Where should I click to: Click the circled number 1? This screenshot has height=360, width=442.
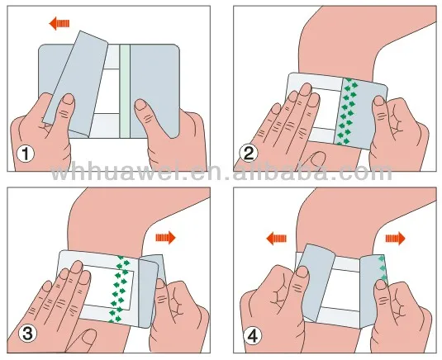(26, 154)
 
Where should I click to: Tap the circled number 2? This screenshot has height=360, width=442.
(249, 154)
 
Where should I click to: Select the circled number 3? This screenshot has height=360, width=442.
(27, 334)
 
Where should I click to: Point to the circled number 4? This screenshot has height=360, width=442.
(252, 336)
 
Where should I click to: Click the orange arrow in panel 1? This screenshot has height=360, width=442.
(59, 23)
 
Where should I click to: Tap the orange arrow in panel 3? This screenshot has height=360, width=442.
(165, 238)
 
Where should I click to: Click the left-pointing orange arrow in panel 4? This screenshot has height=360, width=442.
(276, 239)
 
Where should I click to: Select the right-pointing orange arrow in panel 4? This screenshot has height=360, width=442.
(395, 239)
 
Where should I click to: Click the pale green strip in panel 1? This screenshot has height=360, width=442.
(125, 91)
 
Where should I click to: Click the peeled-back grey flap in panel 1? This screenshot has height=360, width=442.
(76, 83)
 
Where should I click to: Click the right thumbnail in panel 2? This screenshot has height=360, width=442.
(378, 102)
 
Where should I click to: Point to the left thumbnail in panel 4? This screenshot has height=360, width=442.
(302, 272)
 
